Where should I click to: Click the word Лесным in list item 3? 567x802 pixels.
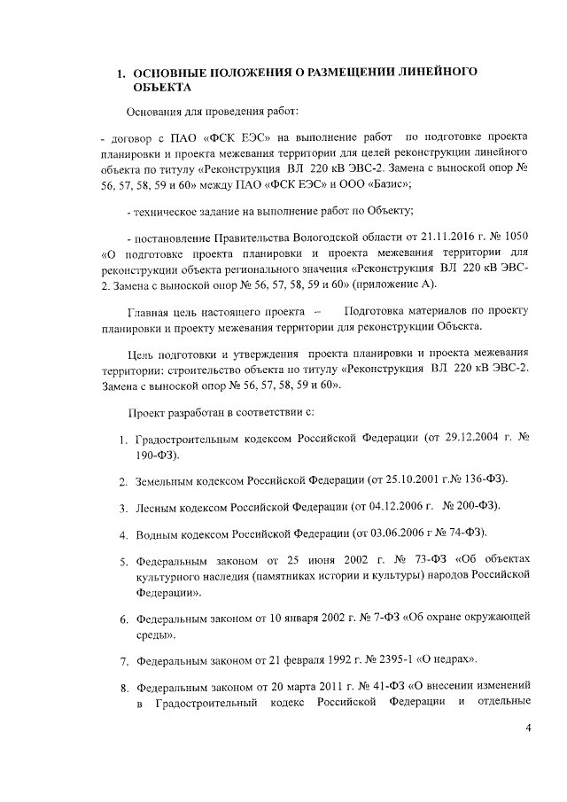pyautogui.click(x=157, y=506)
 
